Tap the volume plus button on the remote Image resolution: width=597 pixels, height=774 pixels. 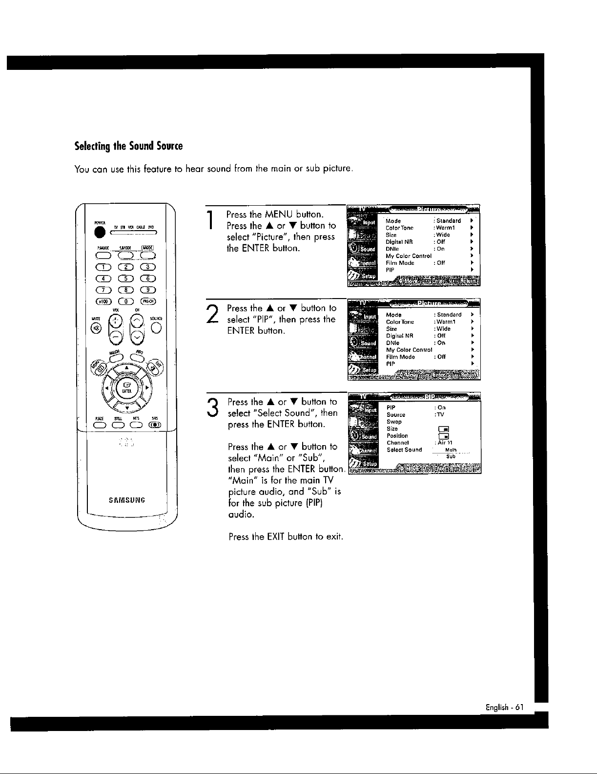point(115,321)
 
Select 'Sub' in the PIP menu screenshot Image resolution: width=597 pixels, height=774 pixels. point(451,456)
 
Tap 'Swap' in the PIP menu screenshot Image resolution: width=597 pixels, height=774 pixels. point(394,422)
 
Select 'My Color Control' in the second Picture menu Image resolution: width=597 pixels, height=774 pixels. point(409,350)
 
